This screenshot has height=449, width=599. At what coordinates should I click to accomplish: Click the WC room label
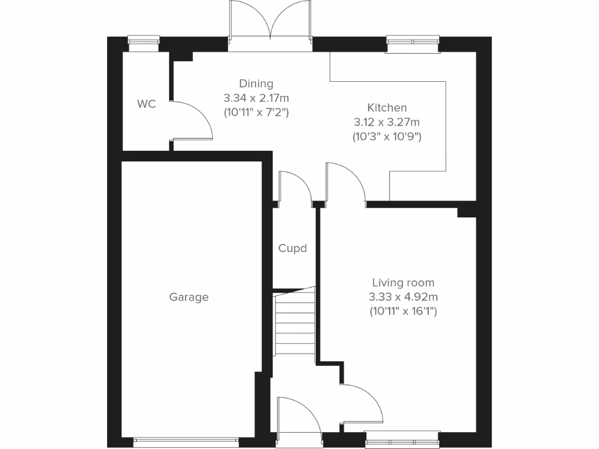coord(146,104)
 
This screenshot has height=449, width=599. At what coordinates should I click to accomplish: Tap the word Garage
coord(189,297)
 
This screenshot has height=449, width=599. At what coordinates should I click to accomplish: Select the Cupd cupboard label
coord(292,248)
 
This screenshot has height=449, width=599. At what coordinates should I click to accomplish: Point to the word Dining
coord(256,84)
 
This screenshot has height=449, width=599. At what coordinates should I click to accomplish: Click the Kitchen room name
coord(387,108)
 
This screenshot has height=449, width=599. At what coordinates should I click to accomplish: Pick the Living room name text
coord(403,283)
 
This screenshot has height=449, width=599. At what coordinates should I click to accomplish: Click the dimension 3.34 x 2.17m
coord(256,98)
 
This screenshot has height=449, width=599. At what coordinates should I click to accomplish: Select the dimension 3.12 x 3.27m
coord(387,122)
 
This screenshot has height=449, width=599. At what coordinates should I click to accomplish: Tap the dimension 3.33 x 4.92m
coord(403,297)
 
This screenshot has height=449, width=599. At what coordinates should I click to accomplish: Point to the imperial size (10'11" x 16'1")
coord(403,311)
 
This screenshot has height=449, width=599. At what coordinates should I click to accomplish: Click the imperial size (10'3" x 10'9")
coord(387,137)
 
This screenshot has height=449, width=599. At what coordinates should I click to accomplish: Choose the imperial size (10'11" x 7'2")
coord(256,112)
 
